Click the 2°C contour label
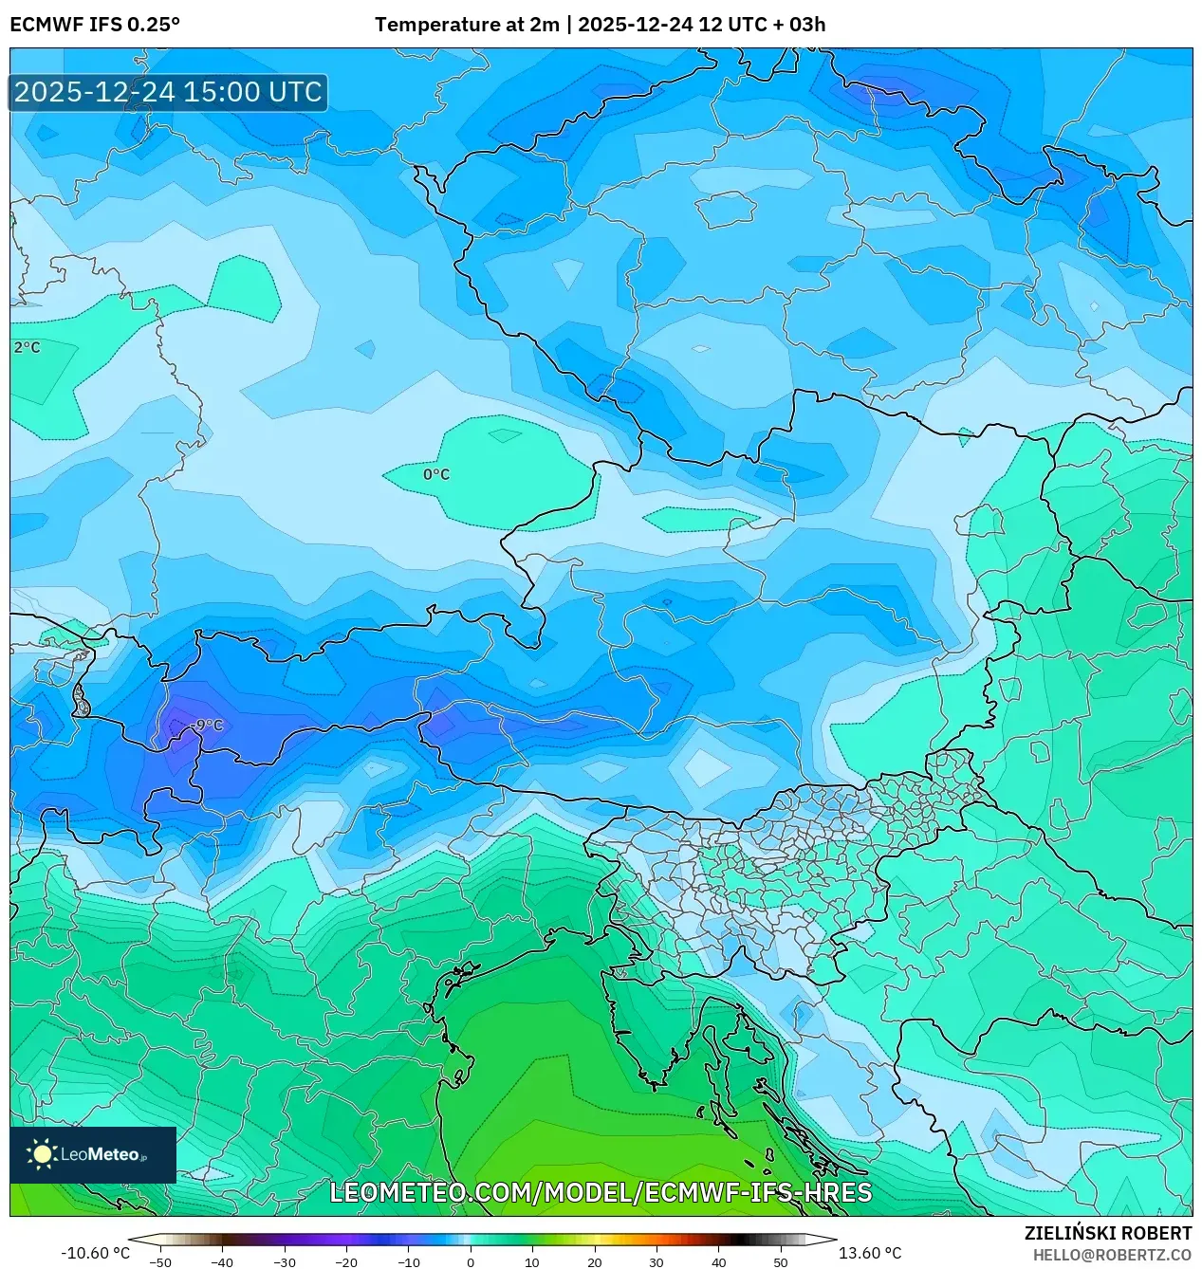[x=28, y=348]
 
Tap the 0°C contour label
[x=436, y=474]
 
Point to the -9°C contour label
[x=206, y=726]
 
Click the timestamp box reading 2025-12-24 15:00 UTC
[x=168, y=92]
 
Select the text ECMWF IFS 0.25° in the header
[x=95, y=25]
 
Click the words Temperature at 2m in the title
[x=467, y=25]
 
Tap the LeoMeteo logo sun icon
[x=42, y=1154]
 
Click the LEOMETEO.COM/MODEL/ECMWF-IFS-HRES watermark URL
[x=601, y=1192]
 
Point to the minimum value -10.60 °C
[x=95, y=1253]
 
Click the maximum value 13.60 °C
[x=870, y=1253]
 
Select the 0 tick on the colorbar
[x=471, y=1261]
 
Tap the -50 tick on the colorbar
[x=160, y=1261]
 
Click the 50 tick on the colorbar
[x=781, y=1261]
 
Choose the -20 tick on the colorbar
[x=346, y=1261]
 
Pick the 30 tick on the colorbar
[x=656, y=1261]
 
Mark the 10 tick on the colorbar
[x=532, y=1261]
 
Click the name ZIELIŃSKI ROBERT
[x=1107, y=1233]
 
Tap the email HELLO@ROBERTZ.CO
[x=1112, y=1255]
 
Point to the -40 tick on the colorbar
[x=222, y=1261]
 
